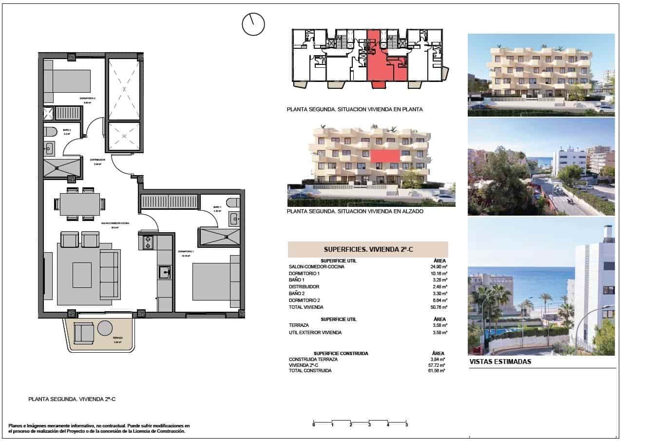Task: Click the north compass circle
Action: (x=253, y=24)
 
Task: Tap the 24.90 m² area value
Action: (x=439, y=267)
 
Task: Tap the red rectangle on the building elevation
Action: (x=385, y=156)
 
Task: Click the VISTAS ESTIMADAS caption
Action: (x=500, y=362)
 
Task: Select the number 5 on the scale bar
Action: (x=407, y=425)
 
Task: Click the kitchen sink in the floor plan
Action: (x=164, y=271)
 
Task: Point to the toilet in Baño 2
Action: (x=51, y=131)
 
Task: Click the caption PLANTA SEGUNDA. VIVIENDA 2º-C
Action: (x=72, y=399)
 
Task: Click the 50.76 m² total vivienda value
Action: (x=439, y=307)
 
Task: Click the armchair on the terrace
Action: (x=84, y=332)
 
